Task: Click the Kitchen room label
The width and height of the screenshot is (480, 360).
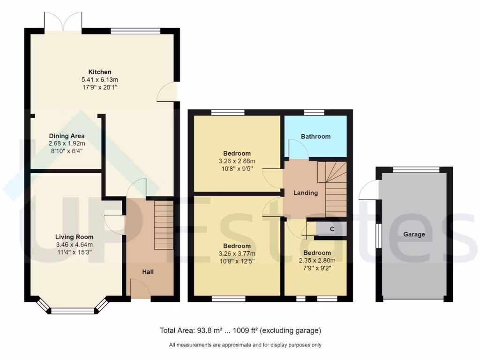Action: [x=100, y=72]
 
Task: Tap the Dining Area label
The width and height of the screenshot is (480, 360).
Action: [x=67, y=136]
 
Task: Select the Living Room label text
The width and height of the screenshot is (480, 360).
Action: [x=75, y=237]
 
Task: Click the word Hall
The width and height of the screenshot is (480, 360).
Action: [x=148, y=272]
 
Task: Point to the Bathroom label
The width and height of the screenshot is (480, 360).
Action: [x=315, y=136]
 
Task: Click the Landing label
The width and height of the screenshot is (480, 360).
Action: [x=306, y=193]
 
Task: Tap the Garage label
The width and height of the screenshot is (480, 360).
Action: [x=414, y=234]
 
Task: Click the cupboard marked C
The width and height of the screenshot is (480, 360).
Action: [x=332, y=229]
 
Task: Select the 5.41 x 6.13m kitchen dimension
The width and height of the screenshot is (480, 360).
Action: [x=100, y=80]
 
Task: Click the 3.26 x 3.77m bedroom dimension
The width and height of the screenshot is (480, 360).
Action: [x=237, y=254]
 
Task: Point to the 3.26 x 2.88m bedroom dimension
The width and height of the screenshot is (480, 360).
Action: [x=237, y=161]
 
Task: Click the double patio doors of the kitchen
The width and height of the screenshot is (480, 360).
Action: [x=63, y=22]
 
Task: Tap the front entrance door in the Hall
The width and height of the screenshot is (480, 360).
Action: [x=141, y=288]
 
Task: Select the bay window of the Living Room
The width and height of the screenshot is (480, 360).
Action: [x=73, y=309]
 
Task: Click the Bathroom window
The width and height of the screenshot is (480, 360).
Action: [x=314, y=112]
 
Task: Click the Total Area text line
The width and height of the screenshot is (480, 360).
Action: [x=240, y=330]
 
